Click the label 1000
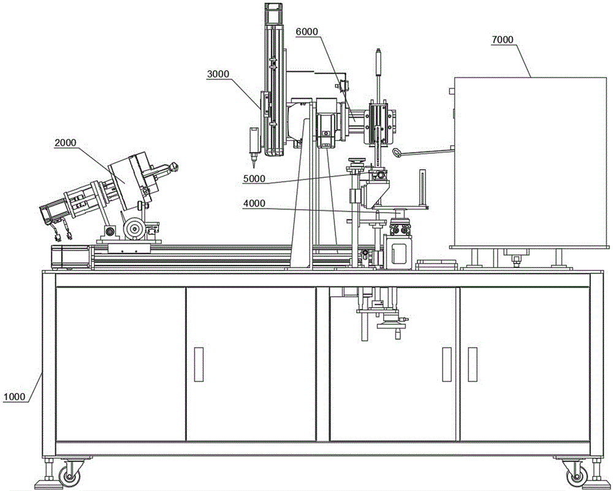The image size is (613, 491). pyautogui.click(x=13, y=397)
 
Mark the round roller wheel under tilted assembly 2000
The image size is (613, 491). pyautogui.click(x=134, y=229)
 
